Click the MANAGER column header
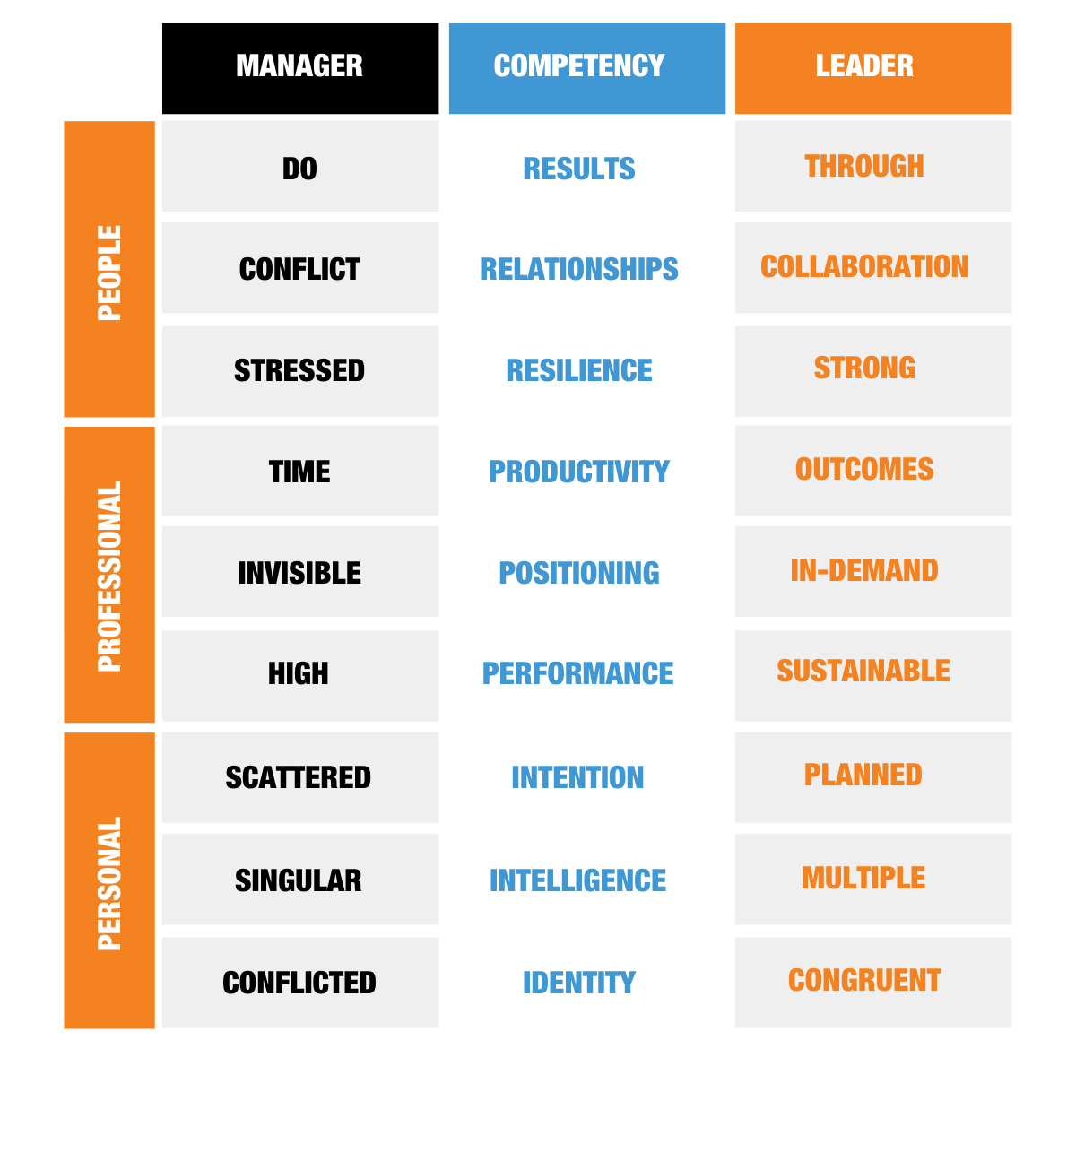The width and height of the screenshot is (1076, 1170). click(x=299, y=66)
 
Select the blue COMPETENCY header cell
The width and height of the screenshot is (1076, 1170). click(x=586, y=69)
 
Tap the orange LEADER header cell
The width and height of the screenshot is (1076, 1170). click(x=872, y=69)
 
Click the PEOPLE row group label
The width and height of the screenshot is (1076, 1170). click(x=109, y=269)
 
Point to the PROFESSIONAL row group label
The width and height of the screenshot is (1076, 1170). click(x=109, y=575)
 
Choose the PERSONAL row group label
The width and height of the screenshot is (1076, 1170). click(x=109, y=880)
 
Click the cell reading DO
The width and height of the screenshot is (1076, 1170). click(x=299, y=167)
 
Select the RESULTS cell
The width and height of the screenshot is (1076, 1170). click(x=586, y=167)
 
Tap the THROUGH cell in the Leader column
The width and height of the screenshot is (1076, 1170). click(x=872, y=166)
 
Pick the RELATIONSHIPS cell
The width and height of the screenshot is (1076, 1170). click(x=586, y=268)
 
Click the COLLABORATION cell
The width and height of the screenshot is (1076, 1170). click(x=872, y=267)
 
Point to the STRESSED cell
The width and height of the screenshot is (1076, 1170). click(x=299, y=370)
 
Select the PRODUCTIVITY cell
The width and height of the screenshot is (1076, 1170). click(x=586, y=471)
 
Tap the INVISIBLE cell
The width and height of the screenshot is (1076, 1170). click(x=299, y=572)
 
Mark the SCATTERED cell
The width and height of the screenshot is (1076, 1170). click(x=299, y=777)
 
